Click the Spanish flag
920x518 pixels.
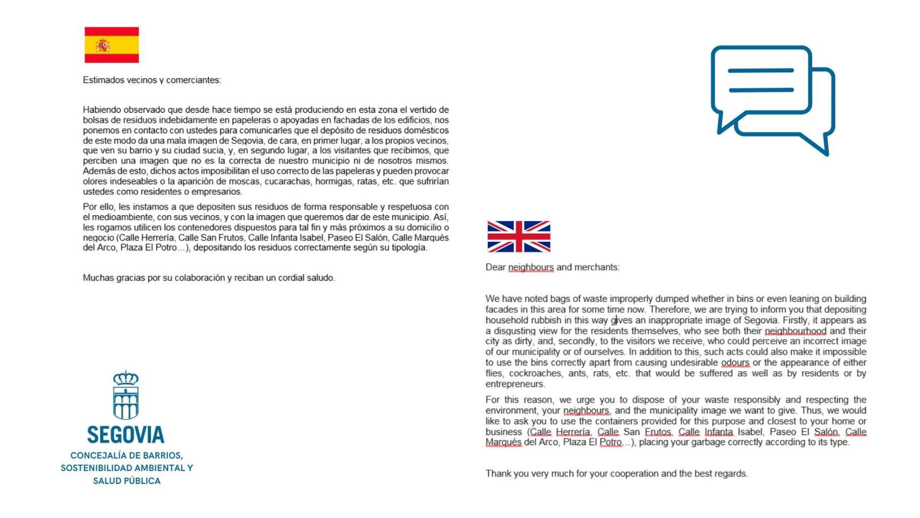(x=112, y=45)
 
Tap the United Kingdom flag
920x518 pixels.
(x=518, y=236)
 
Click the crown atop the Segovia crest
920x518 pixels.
(x=126, y=378)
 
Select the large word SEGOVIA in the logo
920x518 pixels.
(x=126, y=434)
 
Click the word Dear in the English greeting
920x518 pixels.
(x=495, y=267)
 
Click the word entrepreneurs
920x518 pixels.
(x=515, y=384)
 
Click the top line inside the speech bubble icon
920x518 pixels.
(x=760, y=70)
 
